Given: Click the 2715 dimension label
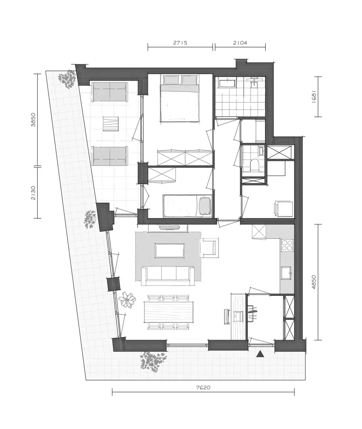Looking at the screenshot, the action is (180, 43).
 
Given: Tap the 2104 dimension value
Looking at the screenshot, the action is (240, 43).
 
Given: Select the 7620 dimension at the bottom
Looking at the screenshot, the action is (203, 387).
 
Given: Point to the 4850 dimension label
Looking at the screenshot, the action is (314, 282).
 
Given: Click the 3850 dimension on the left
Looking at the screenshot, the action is (33, 119).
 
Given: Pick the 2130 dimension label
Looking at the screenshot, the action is (33, 193).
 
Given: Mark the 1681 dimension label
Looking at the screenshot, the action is (314, 97).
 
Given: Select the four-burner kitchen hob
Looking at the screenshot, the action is (287, 245).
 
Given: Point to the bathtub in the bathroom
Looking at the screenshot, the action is (226, 83).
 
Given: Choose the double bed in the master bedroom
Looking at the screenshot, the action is (180, 98).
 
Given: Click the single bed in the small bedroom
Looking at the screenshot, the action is (187, 206).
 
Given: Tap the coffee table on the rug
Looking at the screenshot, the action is (170, 250).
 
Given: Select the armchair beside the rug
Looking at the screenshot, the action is (209, 248).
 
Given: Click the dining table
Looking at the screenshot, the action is (169, 312).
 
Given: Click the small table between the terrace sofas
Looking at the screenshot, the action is (110, 124).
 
